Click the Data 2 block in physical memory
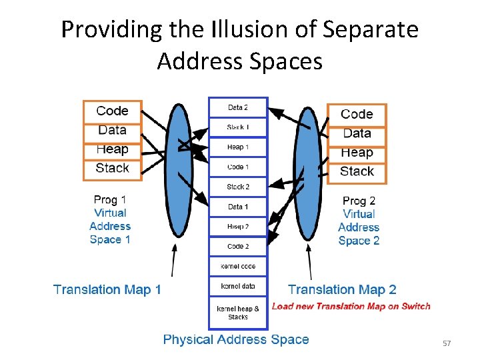pyautogui.click(x=238, y=107)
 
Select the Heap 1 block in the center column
pyautogui.click(x=238, y=147)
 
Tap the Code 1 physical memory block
pyautogui.click(x=238, y=167)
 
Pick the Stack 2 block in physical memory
pyautogui.click(x=238, y=187)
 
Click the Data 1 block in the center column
pyautogui.click(x=238, y=207)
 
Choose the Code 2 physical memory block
pyautogui.click(x=238, y=246)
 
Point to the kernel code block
pyautogui.click(x=238, y=267)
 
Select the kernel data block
pyautogui.click(x=238, y=287)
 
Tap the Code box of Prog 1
pyautogui.click(x=112, y=111)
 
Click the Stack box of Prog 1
pyautogui.click(x=112, y=168)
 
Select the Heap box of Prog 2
pyautogui.click(x=357, y=153)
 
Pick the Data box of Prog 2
pyautogui.click(x=357, y=133)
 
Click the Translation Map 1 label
pyautogui.click(x=107, y=289)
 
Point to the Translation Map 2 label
pyautogui.click(x=342, y=289)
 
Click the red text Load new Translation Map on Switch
pyautogui.click(x=351, y=307)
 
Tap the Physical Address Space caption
pyautogui.click(x=236, y=339)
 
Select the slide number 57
pyautogui.click(x=447, y=343)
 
